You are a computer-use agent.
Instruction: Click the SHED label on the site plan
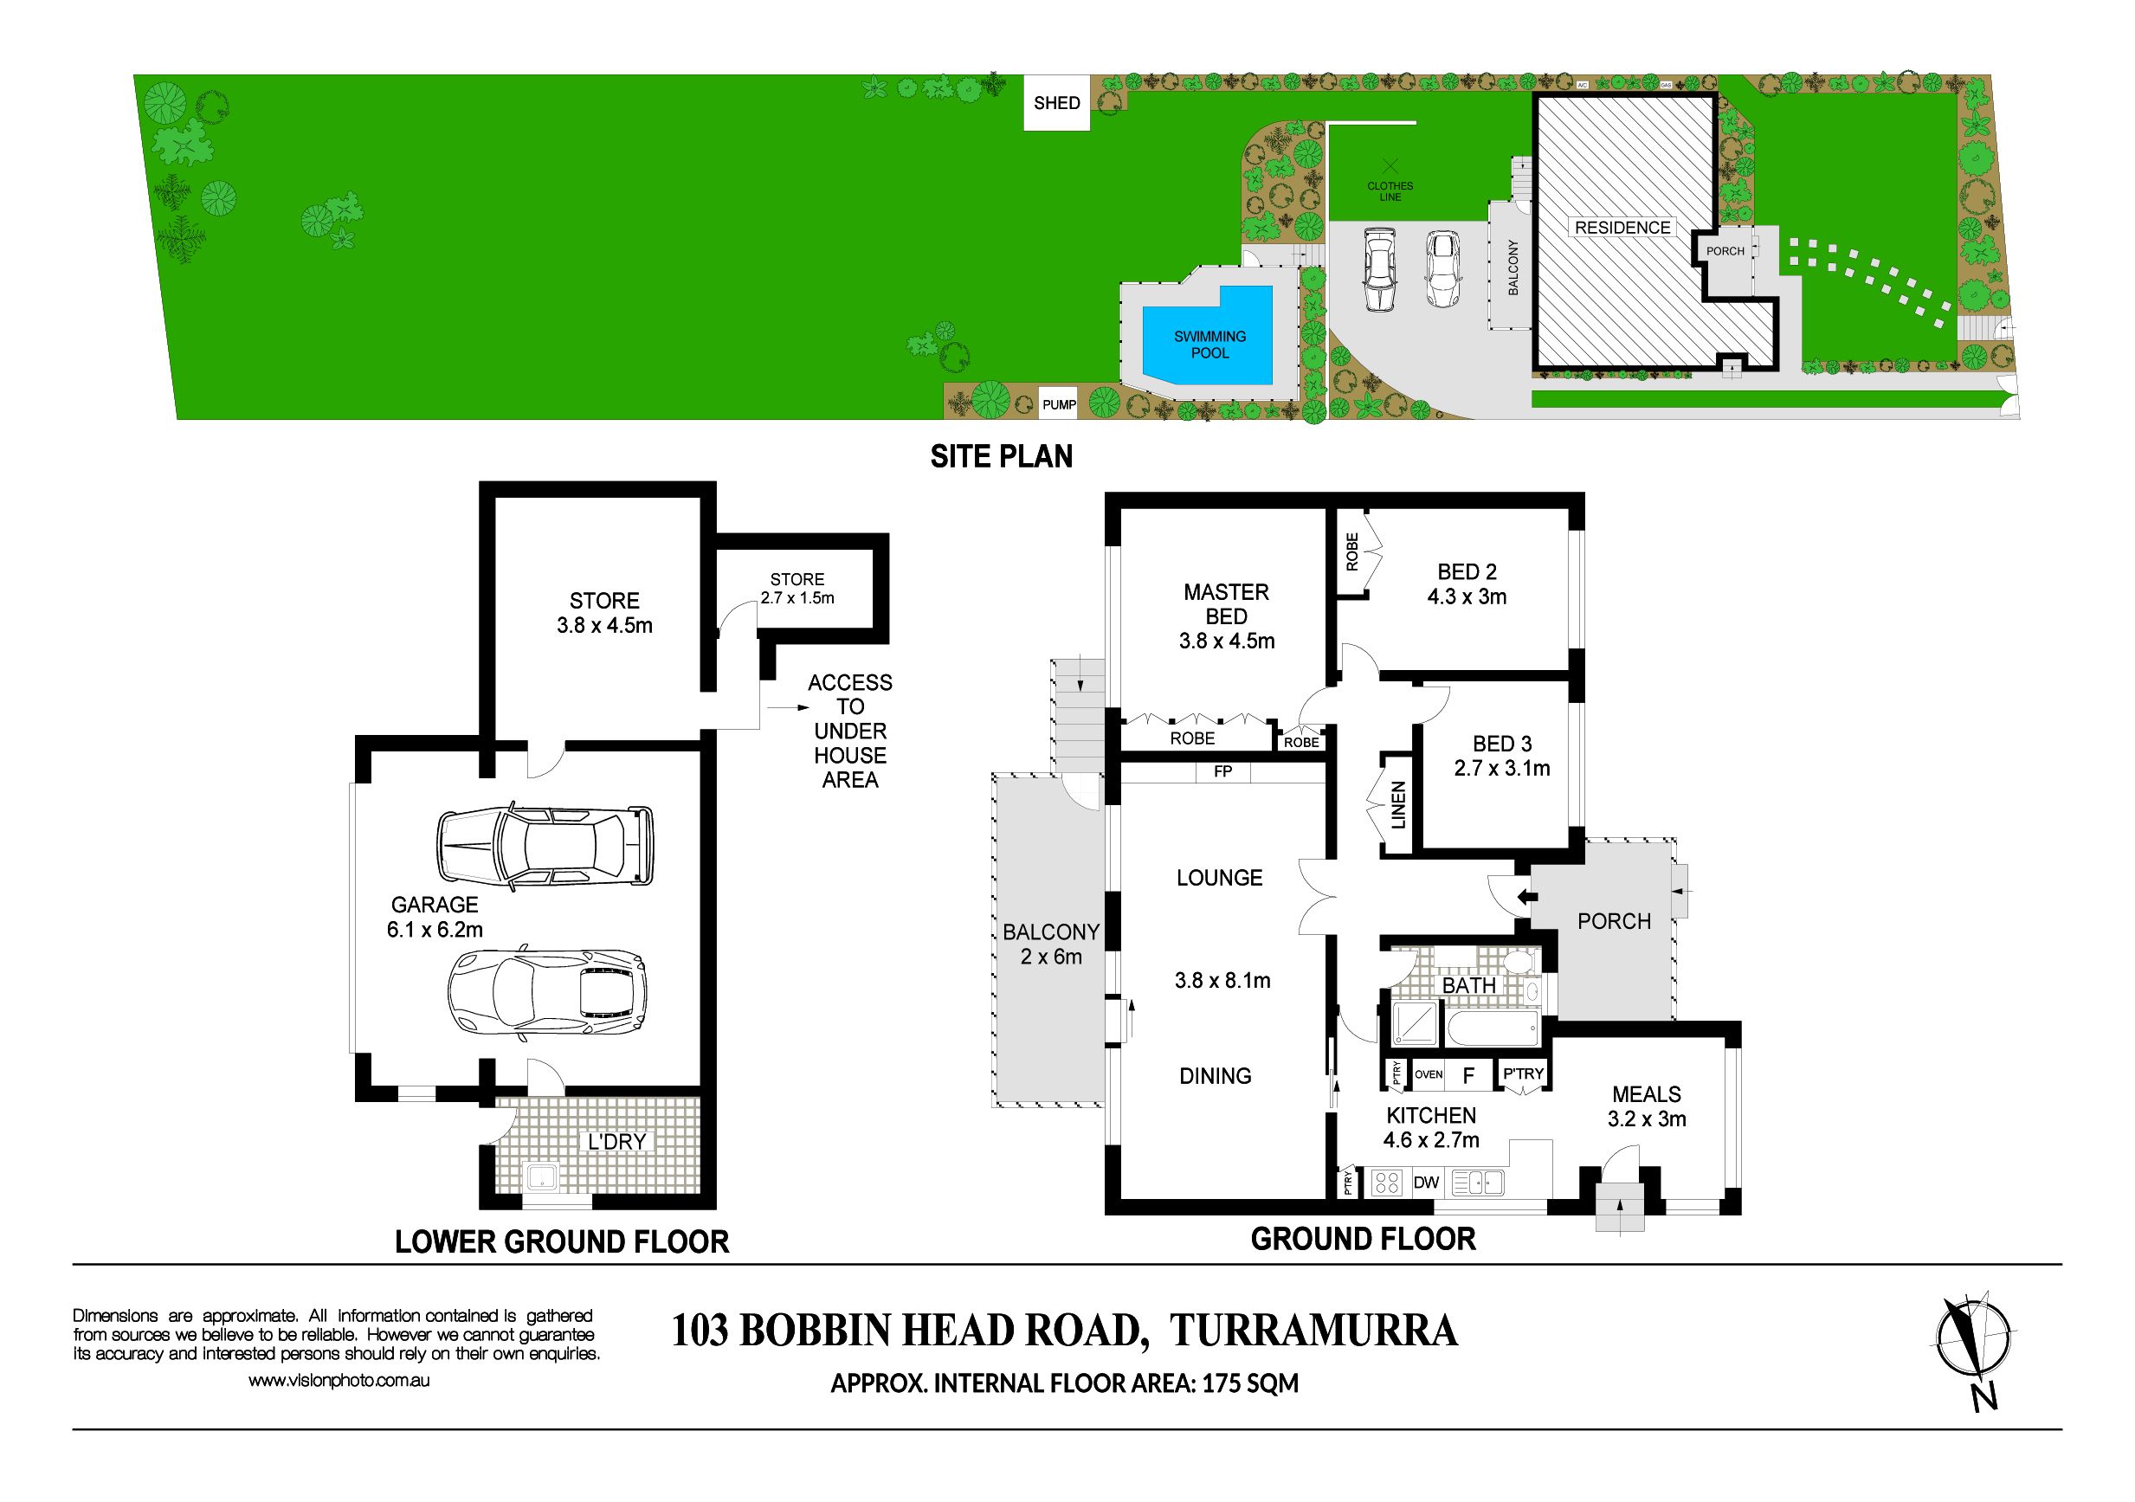tap(1056, 103)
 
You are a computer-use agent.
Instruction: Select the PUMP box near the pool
tap(1058, 404)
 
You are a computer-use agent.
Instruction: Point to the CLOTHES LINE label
tap(1390, 191)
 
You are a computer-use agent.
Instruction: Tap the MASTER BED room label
tap(1226, 604)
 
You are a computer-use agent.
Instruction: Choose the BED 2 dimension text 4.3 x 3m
tap(1467, 597)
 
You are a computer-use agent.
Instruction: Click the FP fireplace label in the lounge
tap(1222, 771)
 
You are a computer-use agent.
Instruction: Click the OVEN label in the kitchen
tap(1429, 1074)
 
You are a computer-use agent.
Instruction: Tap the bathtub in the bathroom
tap(1491, 1028)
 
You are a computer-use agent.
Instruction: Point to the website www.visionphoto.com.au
tap(339, 1381)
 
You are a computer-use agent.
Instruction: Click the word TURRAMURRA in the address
tap(1313, 1331)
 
